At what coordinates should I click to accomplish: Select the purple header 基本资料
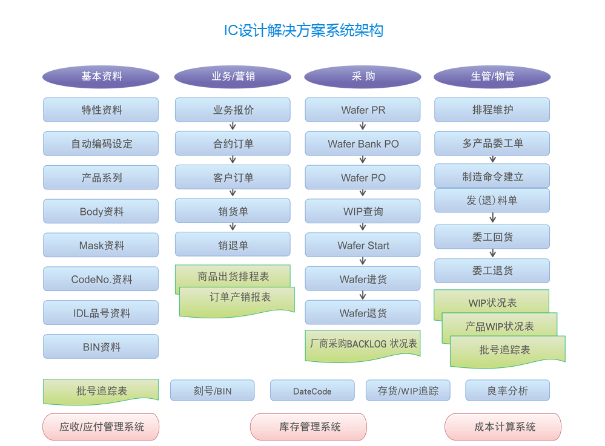point(101,77)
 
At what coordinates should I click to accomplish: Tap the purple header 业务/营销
point(233,77)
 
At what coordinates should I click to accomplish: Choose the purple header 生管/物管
point(492,77)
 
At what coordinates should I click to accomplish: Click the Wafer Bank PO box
point(363,144)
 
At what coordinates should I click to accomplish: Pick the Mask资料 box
point(101,246)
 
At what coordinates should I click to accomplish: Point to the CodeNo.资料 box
point(101,280)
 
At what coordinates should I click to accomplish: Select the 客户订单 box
point(233,178)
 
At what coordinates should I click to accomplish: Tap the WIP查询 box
point(363,212)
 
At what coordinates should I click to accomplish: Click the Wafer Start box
point(363,246)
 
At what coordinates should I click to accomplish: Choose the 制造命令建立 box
point(492,177)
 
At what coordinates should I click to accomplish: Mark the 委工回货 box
point(492,237)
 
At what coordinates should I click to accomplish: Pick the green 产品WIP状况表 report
point(499,327)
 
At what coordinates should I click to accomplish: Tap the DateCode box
point(312,391)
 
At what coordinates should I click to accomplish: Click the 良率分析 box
point(507,391)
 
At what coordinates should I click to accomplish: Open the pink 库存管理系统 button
point(308,427)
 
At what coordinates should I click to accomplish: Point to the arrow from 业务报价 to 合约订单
point(233,126)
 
